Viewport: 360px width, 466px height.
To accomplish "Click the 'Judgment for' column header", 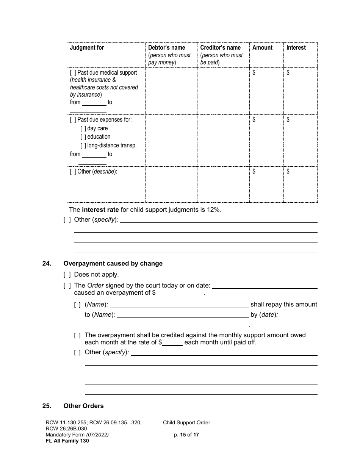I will [x=87, y=48].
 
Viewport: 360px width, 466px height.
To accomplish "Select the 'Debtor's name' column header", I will [x=166, y=48].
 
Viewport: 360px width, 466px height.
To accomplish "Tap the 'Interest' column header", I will [x=296, y=48].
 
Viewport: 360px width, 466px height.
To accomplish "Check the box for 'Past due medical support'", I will [x=73, y=73].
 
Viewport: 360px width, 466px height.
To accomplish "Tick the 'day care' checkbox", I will [x=83, y=128].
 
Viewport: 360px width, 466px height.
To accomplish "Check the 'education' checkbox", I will [x=83, y=137].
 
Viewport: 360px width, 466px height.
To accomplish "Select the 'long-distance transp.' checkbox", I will [x=83, y=145].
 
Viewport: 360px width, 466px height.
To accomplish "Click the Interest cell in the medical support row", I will [x=300, y=91].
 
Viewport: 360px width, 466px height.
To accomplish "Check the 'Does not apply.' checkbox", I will [x=67, y=275].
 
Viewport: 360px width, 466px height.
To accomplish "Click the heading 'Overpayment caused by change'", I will [x=113, y=264].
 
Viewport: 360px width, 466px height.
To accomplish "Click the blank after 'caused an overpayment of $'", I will [x=180, y=293].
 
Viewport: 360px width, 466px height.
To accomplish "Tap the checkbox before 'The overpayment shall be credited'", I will [x=77, y=336].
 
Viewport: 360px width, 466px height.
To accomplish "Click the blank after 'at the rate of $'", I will [x=172, y=343].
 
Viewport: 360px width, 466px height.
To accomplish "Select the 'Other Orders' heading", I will [x=83, y=406].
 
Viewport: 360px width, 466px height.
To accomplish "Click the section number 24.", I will [x=47, y=264].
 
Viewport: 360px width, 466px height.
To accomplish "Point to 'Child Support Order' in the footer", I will [x=186, y=423].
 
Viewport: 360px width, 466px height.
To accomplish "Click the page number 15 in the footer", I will [x=183, y=435].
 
